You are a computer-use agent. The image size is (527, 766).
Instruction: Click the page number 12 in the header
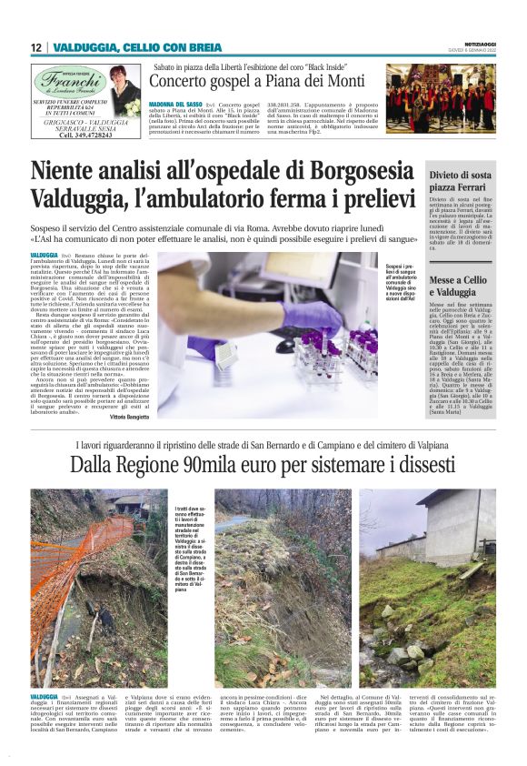[35, 47]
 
